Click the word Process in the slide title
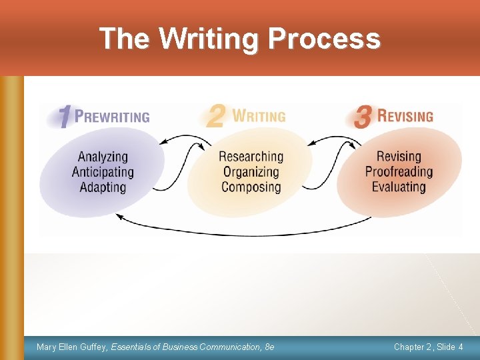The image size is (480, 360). pyautogui.click(x=324, y=39)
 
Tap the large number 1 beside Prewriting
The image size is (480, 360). pyautogui.click(x=64, y=118)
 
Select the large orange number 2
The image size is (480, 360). pyautogui.click(x=215, y=116)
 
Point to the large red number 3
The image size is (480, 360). pyautogui.click(x=363, y=117)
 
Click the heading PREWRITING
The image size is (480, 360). pyautogui.click(x=112, y=117)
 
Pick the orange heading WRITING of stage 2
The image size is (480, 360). pyautogui.click(x=259, y=116)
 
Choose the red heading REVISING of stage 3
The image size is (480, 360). pyautogui.click(x=405, y=116)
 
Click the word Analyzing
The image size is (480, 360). pyautogui.click(x=103, y=157)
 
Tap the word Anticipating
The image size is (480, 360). pyautogui.click(x=103, y=172)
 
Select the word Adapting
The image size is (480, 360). pyautogui.click(x=103, y=187)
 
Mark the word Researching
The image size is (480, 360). pyautogui.click(x=251, y=157)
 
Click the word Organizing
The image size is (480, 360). pyautogui.click(x=251, y=172)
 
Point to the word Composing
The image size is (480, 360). pyautogui.click(x=251, y=187)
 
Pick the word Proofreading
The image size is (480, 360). pyautogui.click(x=399, y=172)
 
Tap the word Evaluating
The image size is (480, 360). pyautogui.click(x=399, y=187)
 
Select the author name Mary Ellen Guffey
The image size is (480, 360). pyautogui.click(x=72, y=347)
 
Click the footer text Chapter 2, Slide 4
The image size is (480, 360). pyautogui.click(x=429, y=347)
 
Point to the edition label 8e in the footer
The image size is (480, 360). pyautogui.click(x=269, y=347)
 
